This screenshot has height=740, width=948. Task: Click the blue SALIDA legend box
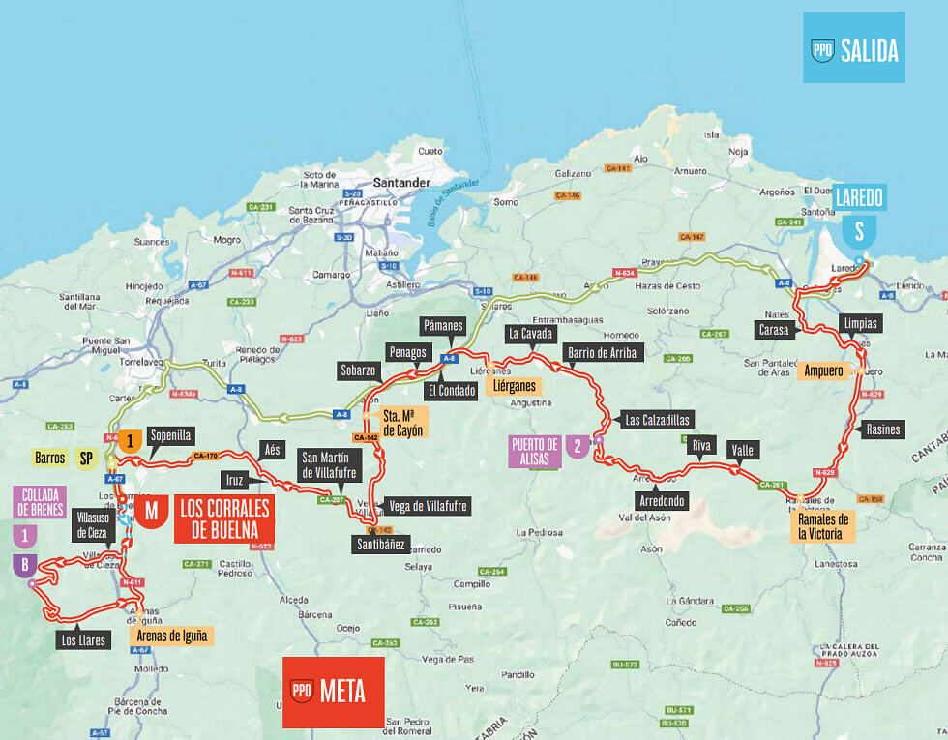[x=854, y=47]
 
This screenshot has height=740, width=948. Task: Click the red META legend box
[x=332, y=692]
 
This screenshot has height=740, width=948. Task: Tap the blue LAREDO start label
[x=858, y=197]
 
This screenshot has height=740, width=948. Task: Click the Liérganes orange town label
[x=512, y=387]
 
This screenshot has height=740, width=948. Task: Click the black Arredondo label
[x=663, y=501]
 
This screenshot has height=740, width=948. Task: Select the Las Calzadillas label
[x=658, y=420]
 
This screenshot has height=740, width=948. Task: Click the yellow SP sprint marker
[x=86, y=459]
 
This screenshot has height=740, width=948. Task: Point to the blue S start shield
[x=858, y=231]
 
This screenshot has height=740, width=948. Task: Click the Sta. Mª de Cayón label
[x=402, y=425]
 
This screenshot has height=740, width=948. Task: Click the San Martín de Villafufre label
[x=332, y=465]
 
